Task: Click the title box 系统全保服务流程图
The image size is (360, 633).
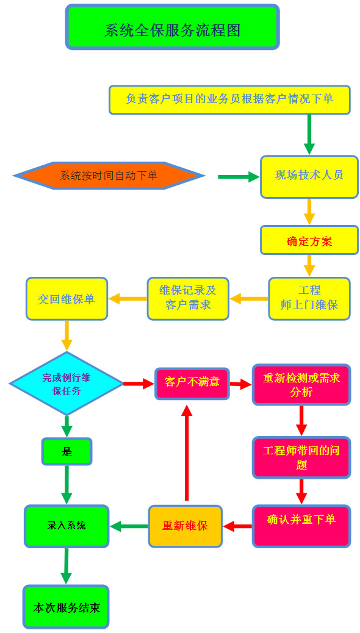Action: pyautogui.click(x=173, y=27)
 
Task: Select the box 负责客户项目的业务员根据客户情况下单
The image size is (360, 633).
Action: pyautogui.click(x=229, y=100)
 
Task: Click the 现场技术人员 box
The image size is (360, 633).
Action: pyautogui.click(x=309, y=176)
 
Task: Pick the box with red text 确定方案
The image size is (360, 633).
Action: pyautogui.click(x=309, y=240)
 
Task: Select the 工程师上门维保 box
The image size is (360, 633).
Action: pyautogui.click(x=309, y=299)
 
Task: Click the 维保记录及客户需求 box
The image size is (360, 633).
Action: pyautogui.click(x=188, y=299)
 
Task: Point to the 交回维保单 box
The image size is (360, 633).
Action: pyautogui.click(x=67, y=299)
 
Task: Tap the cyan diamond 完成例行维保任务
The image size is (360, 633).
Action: pyautogui.click(x=67, y=384)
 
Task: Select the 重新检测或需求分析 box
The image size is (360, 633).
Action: pyautogui.click(x=301, y=385)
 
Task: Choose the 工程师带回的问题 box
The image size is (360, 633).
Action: pyautogui.click(x=301, y=458)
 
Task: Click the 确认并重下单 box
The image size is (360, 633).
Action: pyautogui.click(x=301, y=526)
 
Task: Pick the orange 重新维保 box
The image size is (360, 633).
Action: pyautogui.click(x=185, y=526)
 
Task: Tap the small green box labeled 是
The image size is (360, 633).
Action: pyautogui.click(x=67, y=451)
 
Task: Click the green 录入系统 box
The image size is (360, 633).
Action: pyautogui.click(x=67, y=526)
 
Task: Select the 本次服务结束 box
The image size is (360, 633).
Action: pyautogui.click(x=67, y=607)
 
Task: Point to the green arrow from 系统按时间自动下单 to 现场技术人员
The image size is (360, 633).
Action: pyautogui.click(x=239, y=177)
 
